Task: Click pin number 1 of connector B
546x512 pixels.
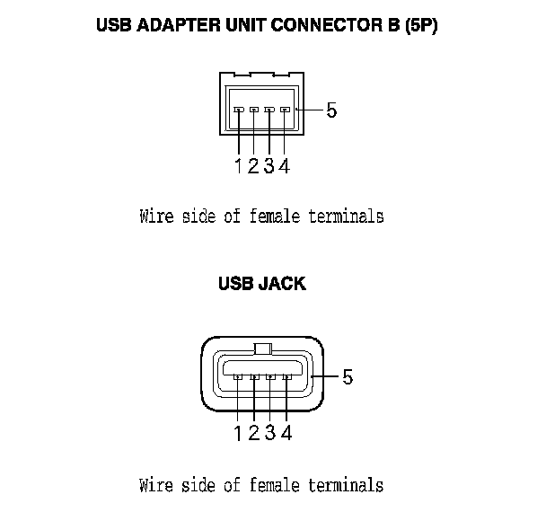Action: click(239, 165)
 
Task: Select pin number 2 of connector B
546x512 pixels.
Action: click(254, 165)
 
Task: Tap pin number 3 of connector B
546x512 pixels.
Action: click(269, 165)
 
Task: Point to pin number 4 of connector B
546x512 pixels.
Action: click(284, 165)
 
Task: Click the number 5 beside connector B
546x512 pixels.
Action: click(331, 110)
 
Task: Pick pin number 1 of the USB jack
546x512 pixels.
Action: click(238, 433)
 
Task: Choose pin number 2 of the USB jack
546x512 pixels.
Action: click(254, 433)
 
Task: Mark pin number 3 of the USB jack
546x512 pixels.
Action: click(269, 433)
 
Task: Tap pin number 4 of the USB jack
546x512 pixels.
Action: click(286, 433)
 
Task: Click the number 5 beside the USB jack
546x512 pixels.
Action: click(348, 377)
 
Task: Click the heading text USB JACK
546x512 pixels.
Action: click(262, 284)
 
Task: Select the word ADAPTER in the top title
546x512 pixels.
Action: click(177, 27)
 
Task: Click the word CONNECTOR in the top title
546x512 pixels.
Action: click(312, 27)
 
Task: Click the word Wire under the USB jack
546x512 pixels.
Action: click(157, 485)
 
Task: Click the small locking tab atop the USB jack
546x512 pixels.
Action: click(262, 349)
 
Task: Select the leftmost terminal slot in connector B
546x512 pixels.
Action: click(239, 110)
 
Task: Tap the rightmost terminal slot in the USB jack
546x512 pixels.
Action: click(286, 377)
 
